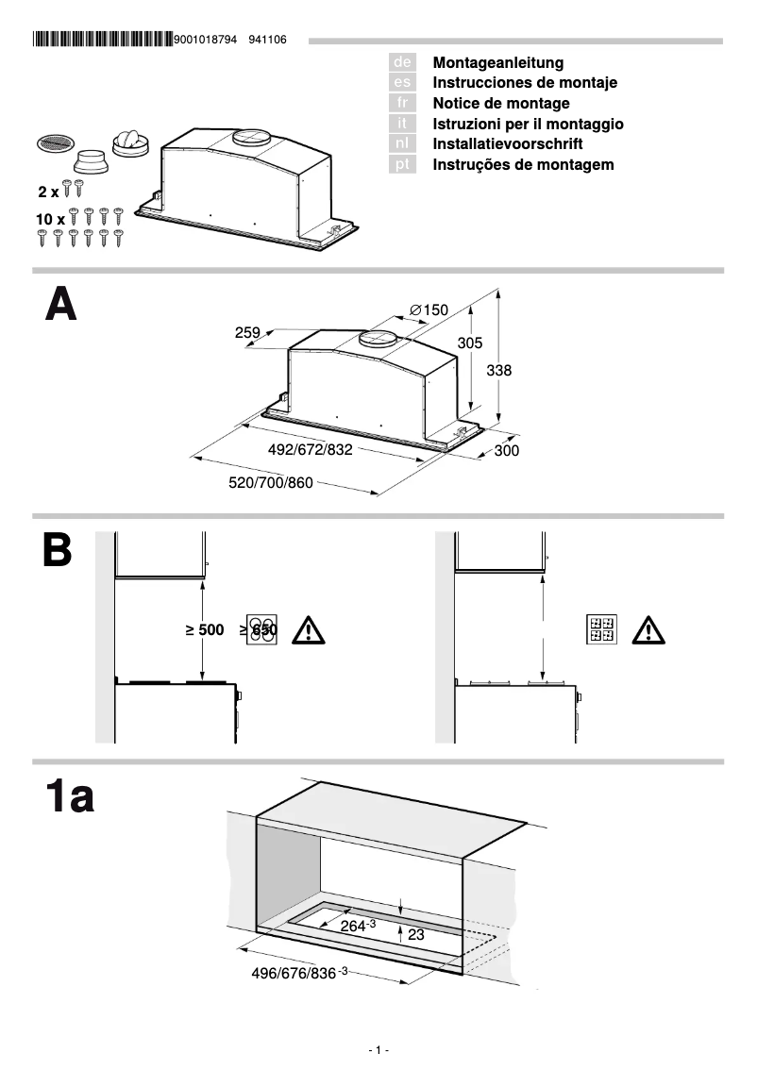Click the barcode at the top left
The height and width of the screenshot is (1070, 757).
pyautogui.click(x=102, y=40)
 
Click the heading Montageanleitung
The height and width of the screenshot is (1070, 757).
pyautogui.click(x=497, y=62)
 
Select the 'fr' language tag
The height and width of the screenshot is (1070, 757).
pyautogui.click(x=402, y=103)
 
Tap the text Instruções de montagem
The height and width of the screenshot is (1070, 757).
pyautogui.click(x=523, y=164)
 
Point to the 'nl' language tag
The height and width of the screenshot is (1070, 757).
pyautogui.click(x=402, y=143)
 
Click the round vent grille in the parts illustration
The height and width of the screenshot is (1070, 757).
pyautogui.click(x=55, y=144)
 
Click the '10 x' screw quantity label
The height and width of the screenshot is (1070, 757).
pyautogui.click(x=50, y=219)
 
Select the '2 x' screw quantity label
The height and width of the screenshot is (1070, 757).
pyautogui.click(x=48, y=192)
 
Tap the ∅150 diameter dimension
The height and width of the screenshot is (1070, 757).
pyautogui.click(x=429, y=309)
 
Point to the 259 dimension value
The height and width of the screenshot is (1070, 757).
pyautogui.click(x=247, y=332)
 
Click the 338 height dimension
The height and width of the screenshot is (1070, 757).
pyautogui.click(x=498, y=371)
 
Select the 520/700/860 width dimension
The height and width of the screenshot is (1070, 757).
pyautogui.click(x=271, y=483)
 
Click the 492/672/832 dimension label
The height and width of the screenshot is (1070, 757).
pyautogui.click(x=311, y=450)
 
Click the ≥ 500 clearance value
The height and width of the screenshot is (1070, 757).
pyautogui.click(x=205, y=630)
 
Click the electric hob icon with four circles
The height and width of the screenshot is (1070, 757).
pyautogui.click(x=261, y=630)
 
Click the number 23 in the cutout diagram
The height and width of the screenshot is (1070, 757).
pyautogui.click(x=416, y=935)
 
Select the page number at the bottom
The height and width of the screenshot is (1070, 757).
pyautogui.click(x=378, y=1050)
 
